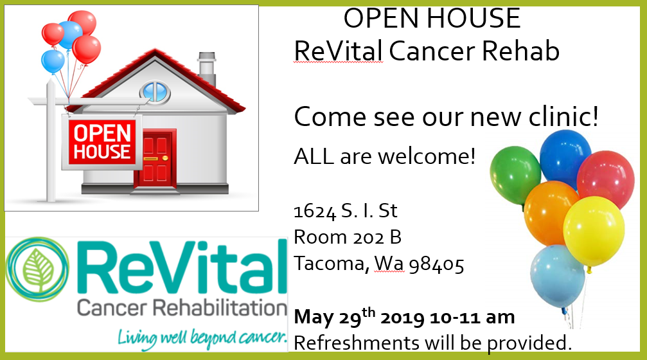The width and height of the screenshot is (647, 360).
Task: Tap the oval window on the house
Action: click(155, 92)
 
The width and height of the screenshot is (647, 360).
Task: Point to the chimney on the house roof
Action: click(207, 68)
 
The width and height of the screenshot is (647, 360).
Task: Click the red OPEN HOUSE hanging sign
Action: click(102, 141)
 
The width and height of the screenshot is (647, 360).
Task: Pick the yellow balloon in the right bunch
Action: click(594, 232)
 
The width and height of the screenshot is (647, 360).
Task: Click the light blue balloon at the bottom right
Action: click(557, 276)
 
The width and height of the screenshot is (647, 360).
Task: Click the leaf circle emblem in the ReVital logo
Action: click(37, 269)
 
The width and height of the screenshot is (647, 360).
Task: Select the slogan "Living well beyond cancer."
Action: click(202, 339)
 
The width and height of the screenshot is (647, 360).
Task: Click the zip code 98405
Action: click(436, 264)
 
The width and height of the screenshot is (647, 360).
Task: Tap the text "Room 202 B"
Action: click(348, 237)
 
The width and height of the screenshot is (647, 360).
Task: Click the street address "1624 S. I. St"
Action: click(346, 211)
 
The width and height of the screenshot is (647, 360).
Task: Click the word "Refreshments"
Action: click(357, 343)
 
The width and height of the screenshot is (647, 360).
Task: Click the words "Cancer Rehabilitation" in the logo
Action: click(182, 309)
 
